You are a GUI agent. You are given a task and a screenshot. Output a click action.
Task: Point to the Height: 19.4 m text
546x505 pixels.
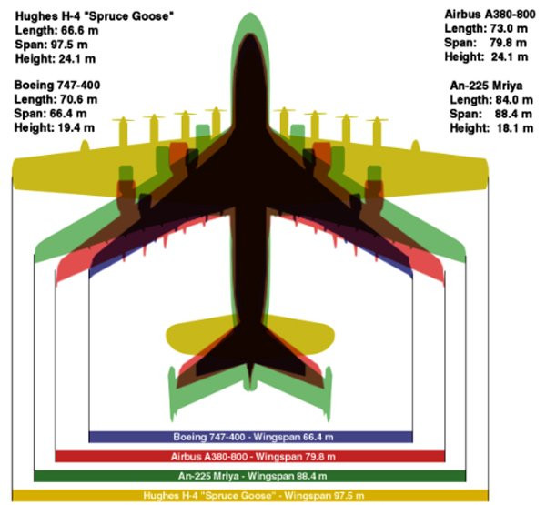tap(56, 128)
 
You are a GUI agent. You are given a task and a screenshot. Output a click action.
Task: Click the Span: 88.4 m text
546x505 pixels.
tap(491, 114)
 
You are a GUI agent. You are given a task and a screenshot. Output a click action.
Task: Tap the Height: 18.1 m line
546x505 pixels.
tap(491, 128)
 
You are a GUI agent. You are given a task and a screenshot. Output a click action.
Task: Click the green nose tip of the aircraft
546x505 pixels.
tap(249, 20)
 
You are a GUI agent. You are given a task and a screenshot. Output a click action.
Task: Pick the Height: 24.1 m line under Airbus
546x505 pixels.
tap(487, 56)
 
